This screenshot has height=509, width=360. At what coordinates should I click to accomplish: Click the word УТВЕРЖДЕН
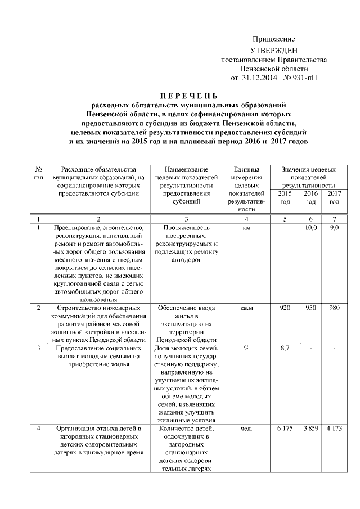273,51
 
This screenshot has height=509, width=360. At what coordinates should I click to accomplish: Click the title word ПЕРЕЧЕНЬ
188,96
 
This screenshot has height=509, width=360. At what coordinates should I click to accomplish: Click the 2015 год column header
285,197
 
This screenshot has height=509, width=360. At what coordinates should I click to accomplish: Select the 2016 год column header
310,197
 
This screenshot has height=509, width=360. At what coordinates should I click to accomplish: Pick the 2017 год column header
334,197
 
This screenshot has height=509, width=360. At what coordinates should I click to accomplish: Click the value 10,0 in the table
310,228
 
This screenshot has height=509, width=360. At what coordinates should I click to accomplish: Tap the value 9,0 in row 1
334,228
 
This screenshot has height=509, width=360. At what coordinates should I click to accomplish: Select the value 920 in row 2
285,308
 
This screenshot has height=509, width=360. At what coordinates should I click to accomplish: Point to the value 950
310,308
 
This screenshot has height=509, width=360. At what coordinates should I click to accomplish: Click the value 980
334,308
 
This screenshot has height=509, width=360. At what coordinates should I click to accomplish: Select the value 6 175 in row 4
285,430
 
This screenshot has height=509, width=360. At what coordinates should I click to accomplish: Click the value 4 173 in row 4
334,430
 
